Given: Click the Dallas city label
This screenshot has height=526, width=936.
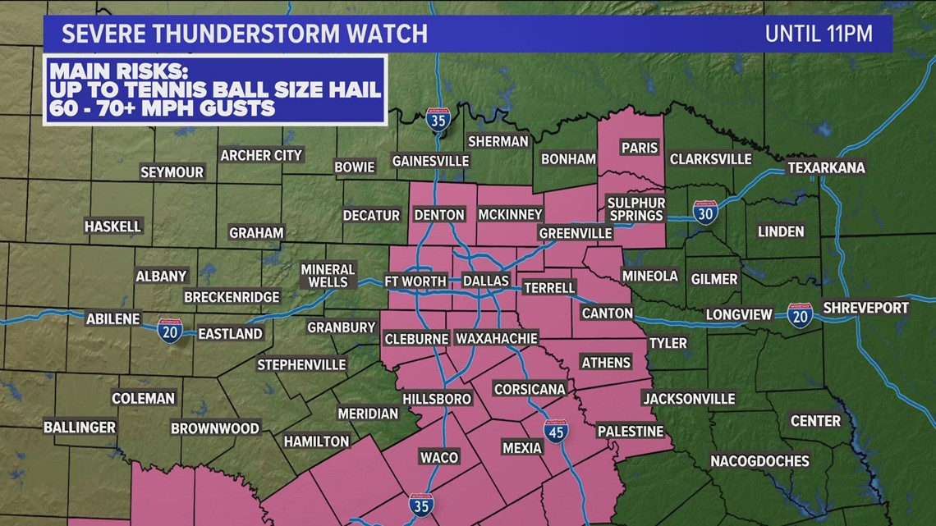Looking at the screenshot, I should tap(486, 281).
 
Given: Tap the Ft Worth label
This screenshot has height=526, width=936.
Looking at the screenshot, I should tap(415, 281).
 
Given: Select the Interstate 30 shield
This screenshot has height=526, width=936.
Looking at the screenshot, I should tap(704, 213).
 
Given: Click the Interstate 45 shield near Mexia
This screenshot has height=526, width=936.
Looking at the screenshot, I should tap(556, 431).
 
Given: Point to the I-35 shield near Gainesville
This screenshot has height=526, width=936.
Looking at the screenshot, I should tap(438, 120).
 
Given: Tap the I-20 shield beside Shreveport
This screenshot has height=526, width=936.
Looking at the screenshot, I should tap(800, 315).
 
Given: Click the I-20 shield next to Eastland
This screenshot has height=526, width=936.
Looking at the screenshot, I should tap(170, 331).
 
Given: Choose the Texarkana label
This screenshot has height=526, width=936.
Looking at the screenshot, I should tap(826, 167).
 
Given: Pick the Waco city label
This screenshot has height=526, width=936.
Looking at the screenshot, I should tap(438, 457).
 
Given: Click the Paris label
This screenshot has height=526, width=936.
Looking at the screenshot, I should tap(640, 148).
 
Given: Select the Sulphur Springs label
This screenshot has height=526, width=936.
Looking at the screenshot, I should tap(635, 208).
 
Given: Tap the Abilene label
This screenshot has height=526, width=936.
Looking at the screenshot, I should tap(113, 318).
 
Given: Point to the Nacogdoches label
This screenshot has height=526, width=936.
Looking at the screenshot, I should tap(759, 460).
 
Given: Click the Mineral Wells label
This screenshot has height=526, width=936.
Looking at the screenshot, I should tap(328, 276).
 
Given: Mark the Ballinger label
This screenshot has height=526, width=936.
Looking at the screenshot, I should tap(80, 428).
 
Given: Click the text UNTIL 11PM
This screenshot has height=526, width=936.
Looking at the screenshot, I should tap(818, 34).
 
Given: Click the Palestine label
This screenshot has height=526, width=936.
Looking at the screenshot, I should tap(630, 431).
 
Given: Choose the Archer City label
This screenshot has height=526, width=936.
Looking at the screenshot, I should tap(262, 155).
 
